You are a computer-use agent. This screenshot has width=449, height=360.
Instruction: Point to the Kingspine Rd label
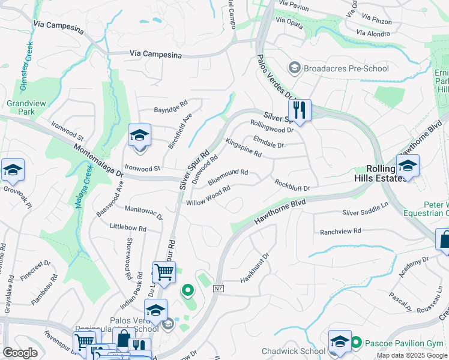[243, 148]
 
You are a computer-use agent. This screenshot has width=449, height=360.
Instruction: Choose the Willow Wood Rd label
[208, 196]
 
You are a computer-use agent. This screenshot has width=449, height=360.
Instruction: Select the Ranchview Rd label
[340, 231]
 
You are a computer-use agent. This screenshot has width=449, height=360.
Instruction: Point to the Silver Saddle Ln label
[366, 212]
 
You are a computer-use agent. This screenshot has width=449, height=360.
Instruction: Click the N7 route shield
[218, 289]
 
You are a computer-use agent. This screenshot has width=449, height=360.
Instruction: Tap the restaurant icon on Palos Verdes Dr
[299, 110]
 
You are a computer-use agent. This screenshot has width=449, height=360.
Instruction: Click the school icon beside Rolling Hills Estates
[407, 166]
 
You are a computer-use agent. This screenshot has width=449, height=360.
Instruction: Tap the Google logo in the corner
[21, 353]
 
